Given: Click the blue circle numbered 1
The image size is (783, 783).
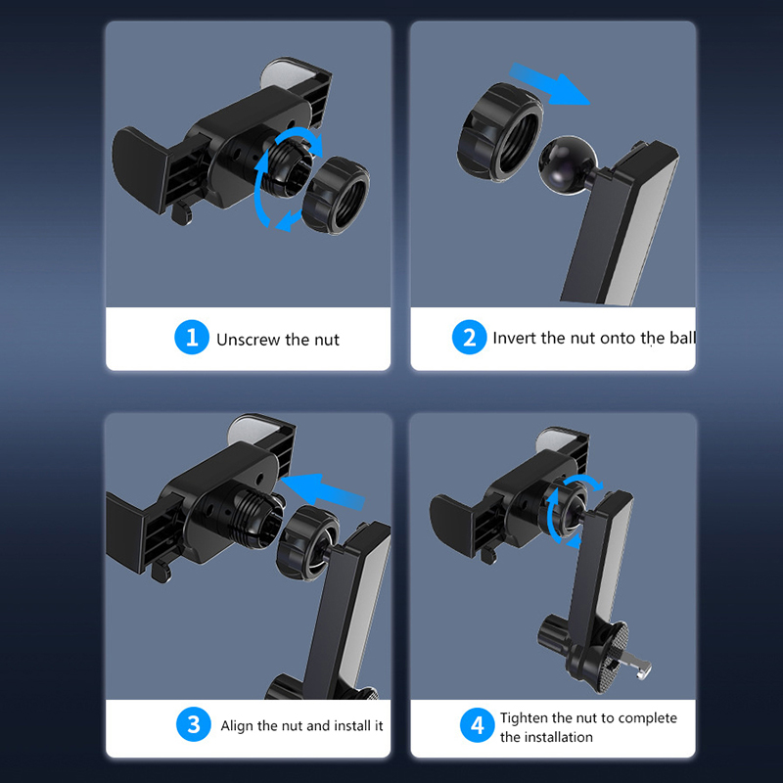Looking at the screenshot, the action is pos(192,337).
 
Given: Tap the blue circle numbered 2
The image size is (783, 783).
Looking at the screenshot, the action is pos(469,337).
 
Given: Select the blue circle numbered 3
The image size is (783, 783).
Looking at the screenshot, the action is pos(193,724).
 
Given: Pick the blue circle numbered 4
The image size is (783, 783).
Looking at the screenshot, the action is pos(478,724).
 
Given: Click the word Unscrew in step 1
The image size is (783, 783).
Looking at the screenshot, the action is pos(249,340).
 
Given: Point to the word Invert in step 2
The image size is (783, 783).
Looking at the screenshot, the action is pos(515,338).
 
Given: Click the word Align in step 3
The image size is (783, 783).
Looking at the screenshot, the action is pos(237,725).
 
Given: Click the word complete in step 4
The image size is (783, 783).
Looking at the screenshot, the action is pos(647,718).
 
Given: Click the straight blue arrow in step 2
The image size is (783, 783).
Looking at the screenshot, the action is pos(548,84).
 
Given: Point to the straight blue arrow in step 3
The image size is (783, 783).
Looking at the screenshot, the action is pos(323,491).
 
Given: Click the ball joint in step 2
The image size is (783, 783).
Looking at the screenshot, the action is pos(568,165).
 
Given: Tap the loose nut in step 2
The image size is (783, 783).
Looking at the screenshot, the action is pos(499,132).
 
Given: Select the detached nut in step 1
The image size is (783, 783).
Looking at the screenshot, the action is pos(336,195).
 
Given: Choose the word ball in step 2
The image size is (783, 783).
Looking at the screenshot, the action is pos(681,338).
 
